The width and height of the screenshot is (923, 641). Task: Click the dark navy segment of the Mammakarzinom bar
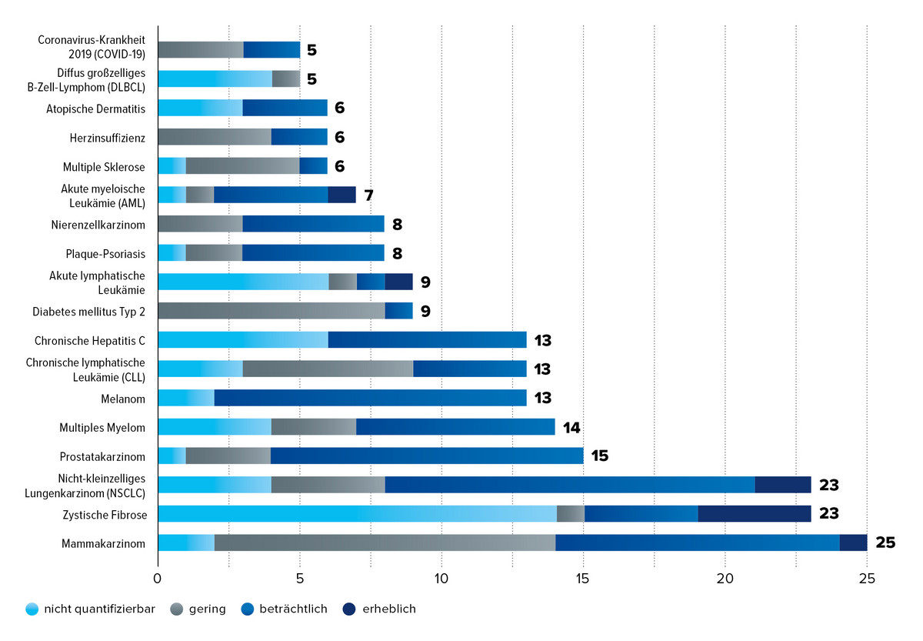(853, 543)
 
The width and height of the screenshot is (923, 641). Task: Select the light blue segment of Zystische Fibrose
(357, 513)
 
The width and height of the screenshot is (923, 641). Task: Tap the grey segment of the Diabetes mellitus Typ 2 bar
(271, 311)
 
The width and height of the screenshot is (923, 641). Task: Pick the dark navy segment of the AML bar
(342, 195)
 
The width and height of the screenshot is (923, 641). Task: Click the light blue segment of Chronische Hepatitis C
(242, 339)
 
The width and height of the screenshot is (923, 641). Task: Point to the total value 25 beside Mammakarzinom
(885, 543)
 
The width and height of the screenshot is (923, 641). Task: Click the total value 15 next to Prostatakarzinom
(600, 456)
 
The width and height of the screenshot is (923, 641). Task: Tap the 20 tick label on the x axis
(725, 577)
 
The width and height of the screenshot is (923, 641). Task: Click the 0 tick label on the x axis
(158, 577)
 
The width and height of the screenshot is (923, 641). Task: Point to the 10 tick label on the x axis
(442, 577)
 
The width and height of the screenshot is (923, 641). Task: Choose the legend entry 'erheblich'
(390, 609)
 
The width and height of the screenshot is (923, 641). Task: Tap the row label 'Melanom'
(122, 398)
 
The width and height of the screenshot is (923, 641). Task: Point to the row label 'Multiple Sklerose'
(104, 166)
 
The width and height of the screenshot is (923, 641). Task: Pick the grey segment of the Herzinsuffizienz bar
(214, 137)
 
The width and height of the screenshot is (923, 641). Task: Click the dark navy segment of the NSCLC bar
(782, 485)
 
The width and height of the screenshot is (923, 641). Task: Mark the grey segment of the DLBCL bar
(285, 78)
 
